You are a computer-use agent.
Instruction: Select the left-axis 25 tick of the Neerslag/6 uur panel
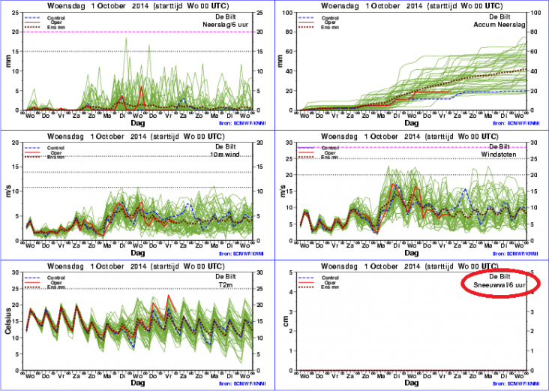16,11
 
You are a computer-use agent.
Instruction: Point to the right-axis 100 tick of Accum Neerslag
537,11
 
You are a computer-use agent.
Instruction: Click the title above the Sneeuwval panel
412,266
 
